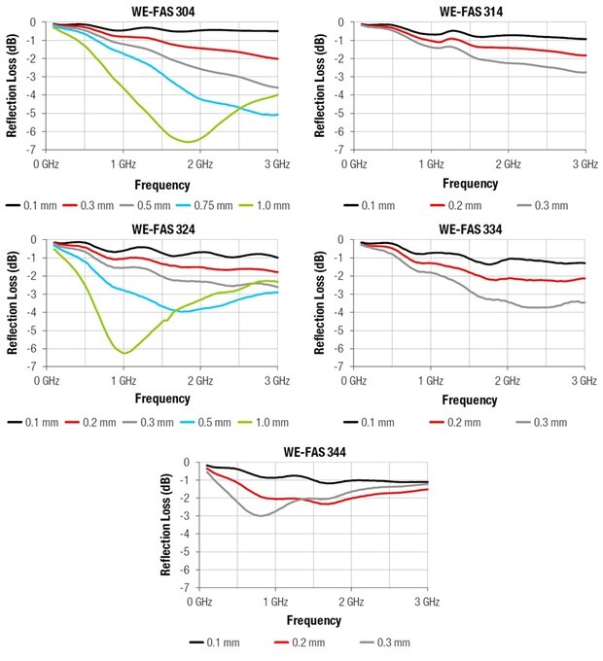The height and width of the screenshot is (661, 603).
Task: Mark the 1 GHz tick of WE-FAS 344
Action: tap(274, 603)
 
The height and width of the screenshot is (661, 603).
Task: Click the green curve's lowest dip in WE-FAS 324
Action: tap(124, 353)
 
